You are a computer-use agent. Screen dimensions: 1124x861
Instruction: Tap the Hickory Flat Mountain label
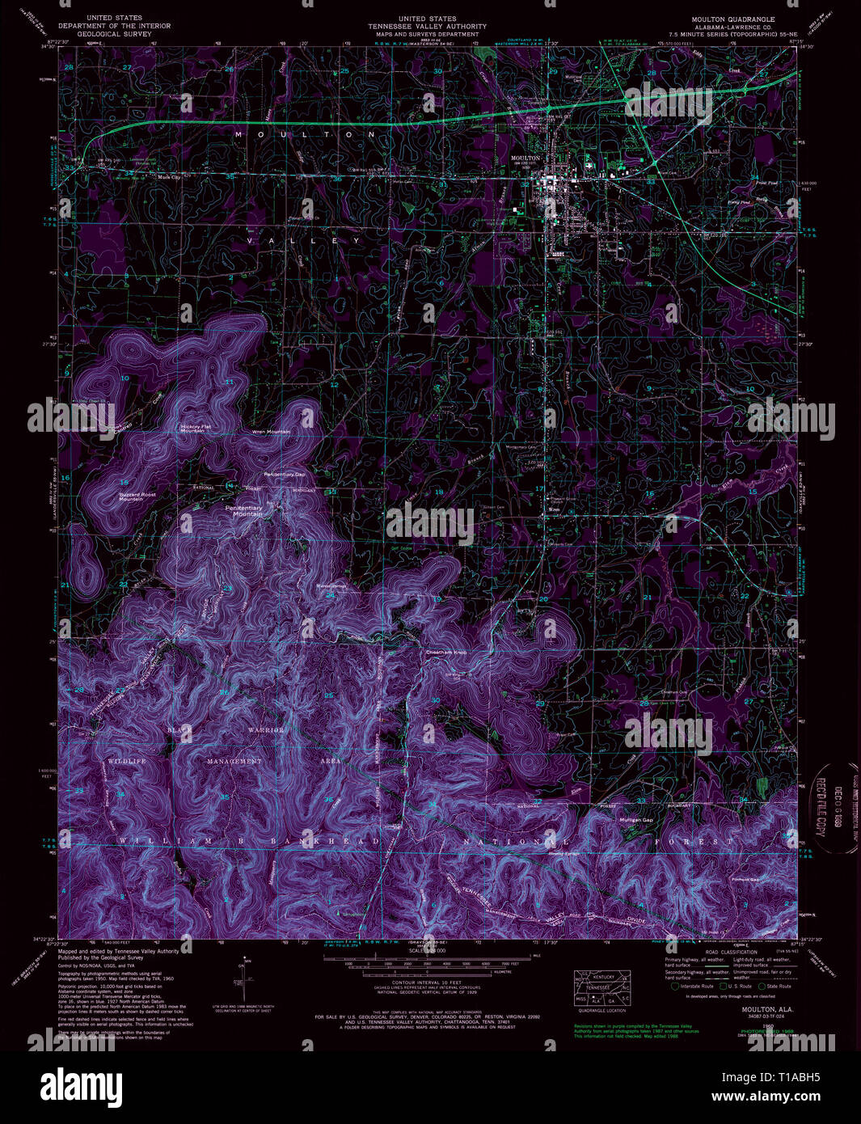(192, 429)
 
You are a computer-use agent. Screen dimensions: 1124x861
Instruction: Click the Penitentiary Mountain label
(248, 511)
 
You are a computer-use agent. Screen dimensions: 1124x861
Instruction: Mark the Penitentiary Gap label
(284, 474)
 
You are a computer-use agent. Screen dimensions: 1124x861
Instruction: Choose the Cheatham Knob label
(446, 653)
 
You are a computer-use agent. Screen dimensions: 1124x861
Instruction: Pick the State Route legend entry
(777, 987)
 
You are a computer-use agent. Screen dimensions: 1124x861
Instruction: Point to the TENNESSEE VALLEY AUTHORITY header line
(427, 26)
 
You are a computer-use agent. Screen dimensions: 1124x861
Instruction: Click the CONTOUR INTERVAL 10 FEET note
(427, 978)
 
